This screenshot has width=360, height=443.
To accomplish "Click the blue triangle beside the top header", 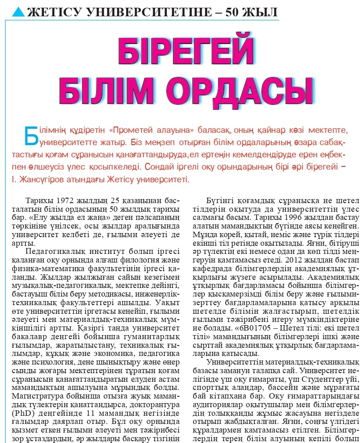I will point(19,11).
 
